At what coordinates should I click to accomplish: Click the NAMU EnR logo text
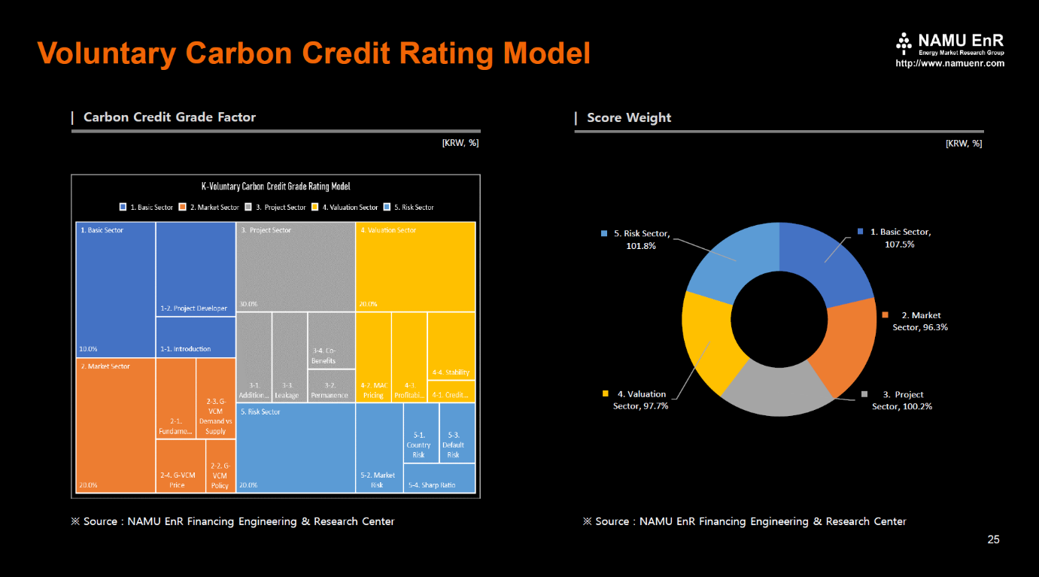click(961, 40)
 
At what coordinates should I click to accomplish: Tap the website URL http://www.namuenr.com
click(949, 64)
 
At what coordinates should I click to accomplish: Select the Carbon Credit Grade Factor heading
click(169, 117)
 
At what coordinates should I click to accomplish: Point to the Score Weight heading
click(629, 117)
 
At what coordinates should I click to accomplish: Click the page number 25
click(993, 539)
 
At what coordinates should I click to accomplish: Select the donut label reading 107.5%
click(899, 244)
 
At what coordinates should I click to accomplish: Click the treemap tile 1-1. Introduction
click(196, 337)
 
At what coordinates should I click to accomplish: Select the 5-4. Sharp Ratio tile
click(439, 478)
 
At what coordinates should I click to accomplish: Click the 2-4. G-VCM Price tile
click(181, 466)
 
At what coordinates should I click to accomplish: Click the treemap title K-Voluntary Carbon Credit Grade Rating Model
click(275, 187)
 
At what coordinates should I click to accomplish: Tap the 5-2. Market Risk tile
click(379, 448)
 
